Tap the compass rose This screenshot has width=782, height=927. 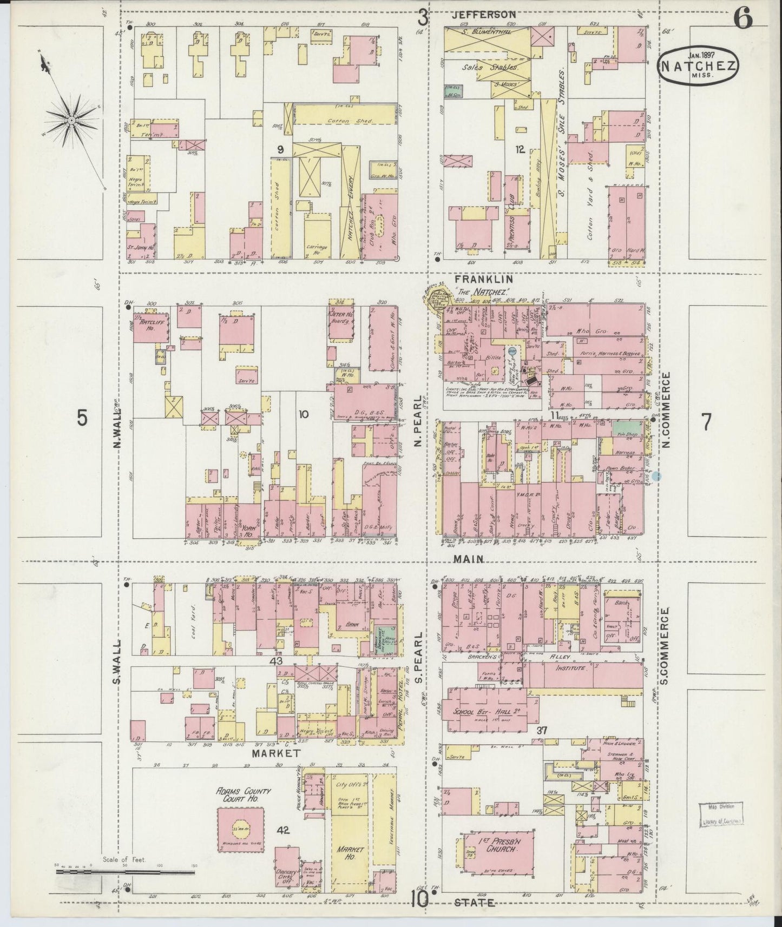pyautogui.click(x=71, y=119)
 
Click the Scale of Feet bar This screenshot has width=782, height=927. pyautogui.click(x=126, y=872)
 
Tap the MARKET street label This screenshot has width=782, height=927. pyautogui.click(x=276, y=753)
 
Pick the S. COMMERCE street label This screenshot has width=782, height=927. pyautogui.click(x=665, y=645)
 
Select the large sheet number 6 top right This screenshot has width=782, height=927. pyautogui.click(x=743, y=19)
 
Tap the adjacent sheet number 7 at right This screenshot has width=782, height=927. pyautogui.click(x=706, y=422)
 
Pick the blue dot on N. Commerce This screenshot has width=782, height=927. pyautogui.click(x=656, y=476)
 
